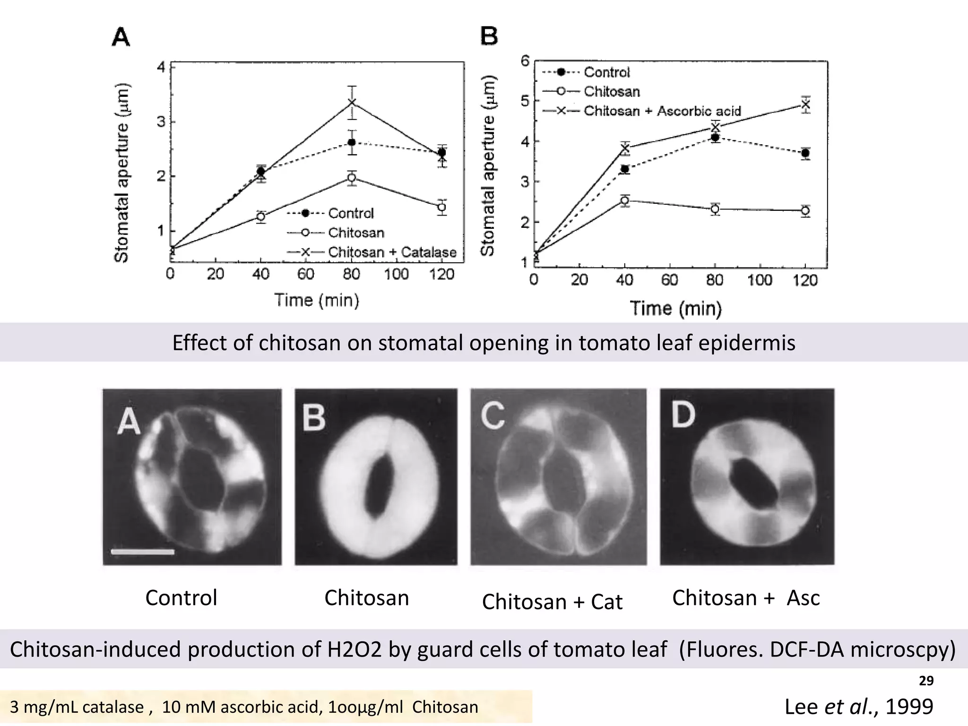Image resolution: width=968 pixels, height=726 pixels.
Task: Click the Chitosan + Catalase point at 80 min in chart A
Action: click(x=352, y=103)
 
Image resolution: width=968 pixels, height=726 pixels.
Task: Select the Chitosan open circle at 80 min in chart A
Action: click(x=351, y=178)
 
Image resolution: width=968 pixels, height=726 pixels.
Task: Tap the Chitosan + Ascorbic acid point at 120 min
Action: click(x=805, y=104)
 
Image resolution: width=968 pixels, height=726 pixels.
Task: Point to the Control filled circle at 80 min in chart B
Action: click(x=715, y=138)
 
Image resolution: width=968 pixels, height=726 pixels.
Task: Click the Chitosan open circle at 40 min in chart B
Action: click(x=625, y=200)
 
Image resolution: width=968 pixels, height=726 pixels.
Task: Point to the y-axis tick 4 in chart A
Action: click(x=161, y=68)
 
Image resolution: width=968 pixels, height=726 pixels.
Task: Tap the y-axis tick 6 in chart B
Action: click(x=525, y=61)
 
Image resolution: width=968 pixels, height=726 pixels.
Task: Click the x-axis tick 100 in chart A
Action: click(x=396, y=274)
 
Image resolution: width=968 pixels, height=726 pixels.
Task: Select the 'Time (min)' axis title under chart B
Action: click(x=676, y=309)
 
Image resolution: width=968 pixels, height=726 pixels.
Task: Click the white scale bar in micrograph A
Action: click(x=143, y=551)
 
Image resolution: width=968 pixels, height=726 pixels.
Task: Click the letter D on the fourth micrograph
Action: click(x=683, y=415)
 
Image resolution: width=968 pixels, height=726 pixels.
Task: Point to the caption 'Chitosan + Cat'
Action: click(x=552, y=602)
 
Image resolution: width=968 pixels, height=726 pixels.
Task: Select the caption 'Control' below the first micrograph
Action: click(x=181, y=598)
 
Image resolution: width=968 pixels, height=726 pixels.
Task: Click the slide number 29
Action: click(x=926, y=681)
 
